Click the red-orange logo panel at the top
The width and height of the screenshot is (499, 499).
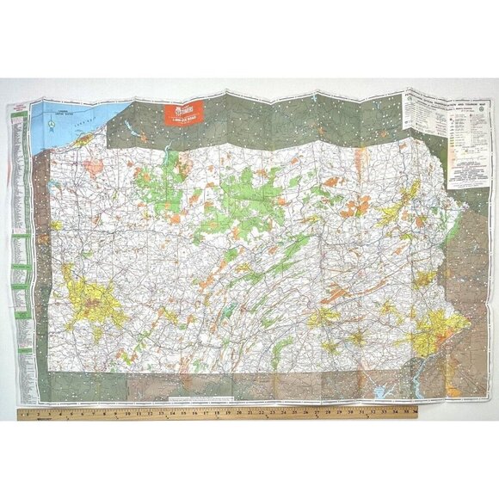click(181, 114)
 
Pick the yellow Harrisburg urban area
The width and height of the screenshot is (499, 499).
click(324, 316)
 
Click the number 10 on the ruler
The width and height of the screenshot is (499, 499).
click(128, 413)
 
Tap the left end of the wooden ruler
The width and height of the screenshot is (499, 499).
click(21, 415)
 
